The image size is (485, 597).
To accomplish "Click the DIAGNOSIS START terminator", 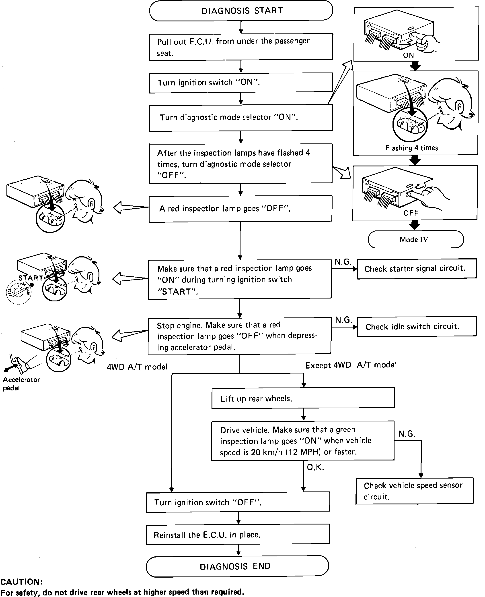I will [241, 11].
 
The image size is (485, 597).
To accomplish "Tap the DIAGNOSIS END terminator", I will [237, 566].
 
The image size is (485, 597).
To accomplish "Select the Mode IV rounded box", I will [415, 239].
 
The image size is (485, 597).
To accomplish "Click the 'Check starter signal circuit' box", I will [417, 268].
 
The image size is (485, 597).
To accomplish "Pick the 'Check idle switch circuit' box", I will [417, 326].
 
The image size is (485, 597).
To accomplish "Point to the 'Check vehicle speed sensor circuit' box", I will [414, 491].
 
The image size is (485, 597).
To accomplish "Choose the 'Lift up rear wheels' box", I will [303, 398].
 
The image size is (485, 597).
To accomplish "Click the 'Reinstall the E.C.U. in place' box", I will [238, 535].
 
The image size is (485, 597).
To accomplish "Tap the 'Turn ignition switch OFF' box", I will [238, 502].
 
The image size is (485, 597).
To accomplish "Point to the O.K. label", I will [315, 467].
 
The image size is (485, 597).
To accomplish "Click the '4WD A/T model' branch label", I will [137, 367].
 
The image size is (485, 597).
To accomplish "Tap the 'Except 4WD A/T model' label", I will [351, 365].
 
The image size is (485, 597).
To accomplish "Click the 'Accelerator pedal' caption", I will [21, 383].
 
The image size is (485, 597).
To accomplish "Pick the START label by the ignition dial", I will [31, 278].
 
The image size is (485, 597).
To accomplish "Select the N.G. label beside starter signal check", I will [343, 262].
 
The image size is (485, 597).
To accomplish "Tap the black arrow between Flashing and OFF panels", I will [415, 160].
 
